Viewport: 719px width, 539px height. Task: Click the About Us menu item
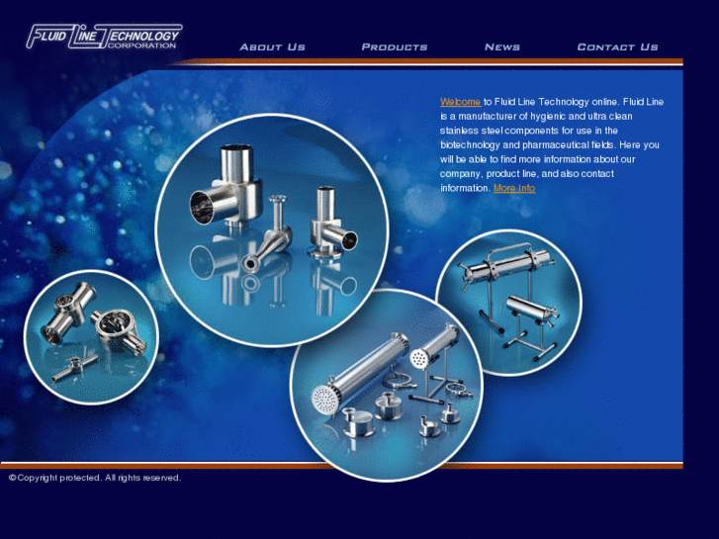[x=272, y=47]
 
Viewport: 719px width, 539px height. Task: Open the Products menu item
[x=395, y=47]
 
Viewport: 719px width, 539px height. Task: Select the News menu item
[x=502, y=47]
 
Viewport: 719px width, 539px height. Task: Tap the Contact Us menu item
[x=618, y=47]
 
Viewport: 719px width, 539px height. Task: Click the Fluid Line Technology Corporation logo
[x=105, y=37]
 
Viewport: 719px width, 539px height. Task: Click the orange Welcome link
[x=461, y=102]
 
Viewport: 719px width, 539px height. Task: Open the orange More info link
[x=514, y=188]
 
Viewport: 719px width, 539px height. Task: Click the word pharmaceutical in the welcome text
[x=555, y=145]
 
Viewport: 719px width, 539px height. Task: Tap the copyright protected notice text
[x=95, y=478]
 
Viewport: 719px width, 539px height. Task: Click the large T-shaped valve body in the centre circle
[x=227, y=188]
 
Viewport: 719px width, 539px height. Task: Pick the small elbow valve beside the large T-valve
[x=331, y=223]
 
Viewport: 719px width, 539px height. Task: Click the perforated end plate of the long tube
[x=325, y=400]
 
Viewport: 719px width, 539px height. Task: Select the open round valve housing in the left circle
[x=118, y=329]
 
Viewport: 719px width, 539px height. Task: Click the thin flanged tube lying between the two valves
[x=271, y=236]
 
